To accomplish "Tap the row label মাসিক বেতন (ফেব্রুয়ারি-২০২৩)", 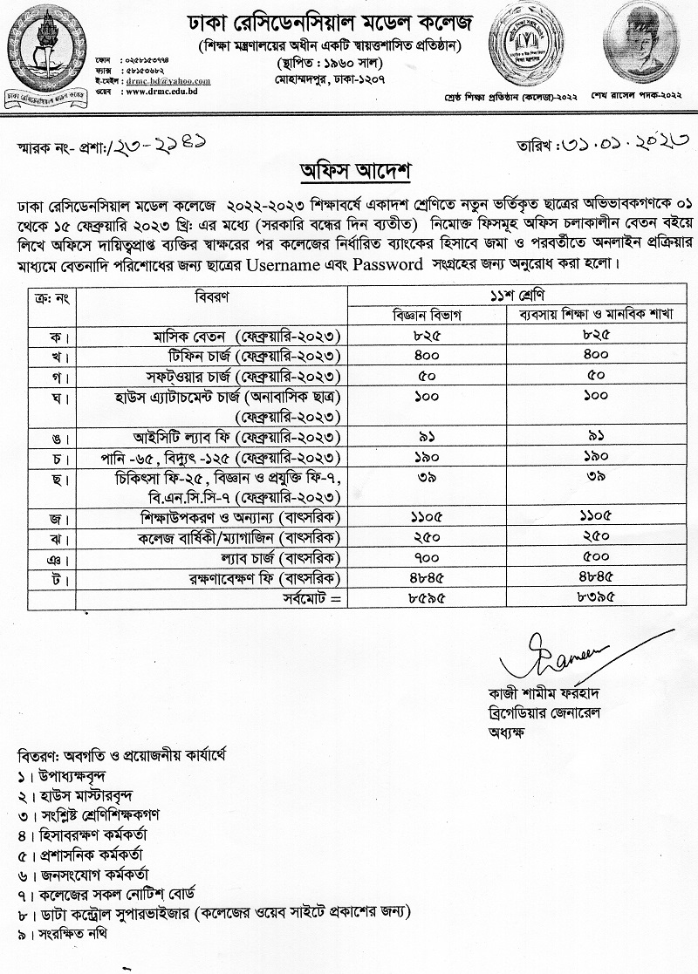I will (241, 336).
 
